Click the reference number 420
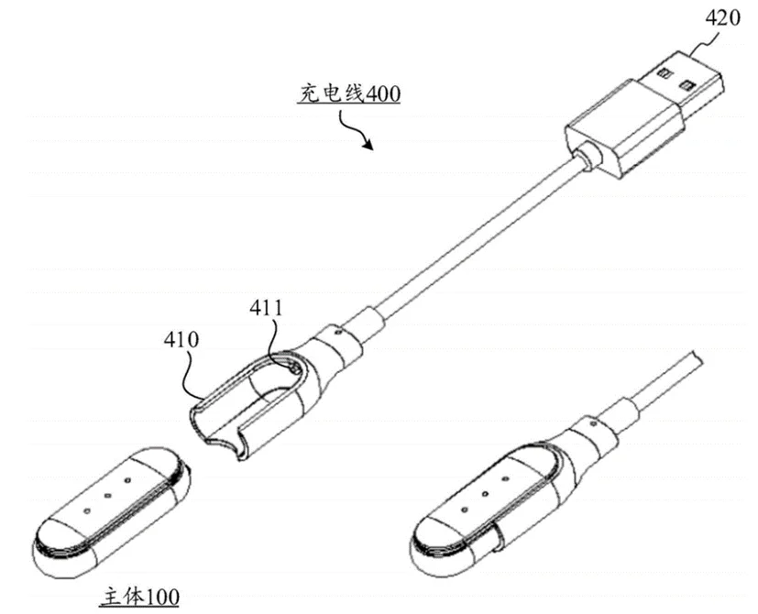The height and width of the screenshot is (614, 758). (x=722, y=18)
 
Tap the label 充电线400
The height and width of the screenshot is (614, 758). (x=350, y=93)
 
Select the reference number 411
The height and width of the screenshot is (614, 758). (x=266, y=309)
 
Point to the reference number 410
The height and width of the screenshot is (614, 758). (x=181, y=340)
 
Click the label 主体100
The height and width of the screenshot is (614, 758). (x=139, y=597)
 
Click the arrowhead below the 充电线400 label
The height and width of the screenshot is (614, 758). (x=368, y=144)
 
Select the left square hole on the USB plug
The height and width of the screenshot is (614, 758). (x=664, y=73)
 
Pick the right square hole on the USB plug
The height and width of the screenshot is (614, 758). (x=685, y=86)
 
